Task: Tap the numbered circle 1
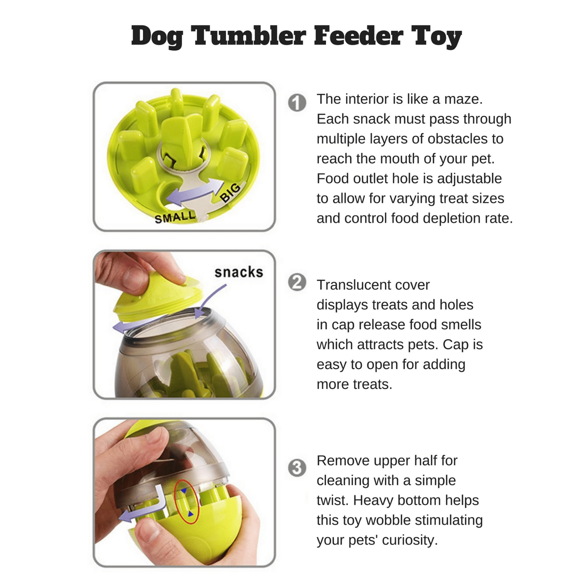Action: pos(297,103)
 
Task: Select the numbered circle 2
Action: pos(297,282)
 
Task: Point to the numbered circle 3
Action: pos(297,468)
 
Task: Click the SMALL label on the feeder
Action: pos(175,217)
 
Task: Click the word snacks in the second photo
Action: pos(238,272)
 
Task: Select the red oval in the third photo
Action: pos(187,502)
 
